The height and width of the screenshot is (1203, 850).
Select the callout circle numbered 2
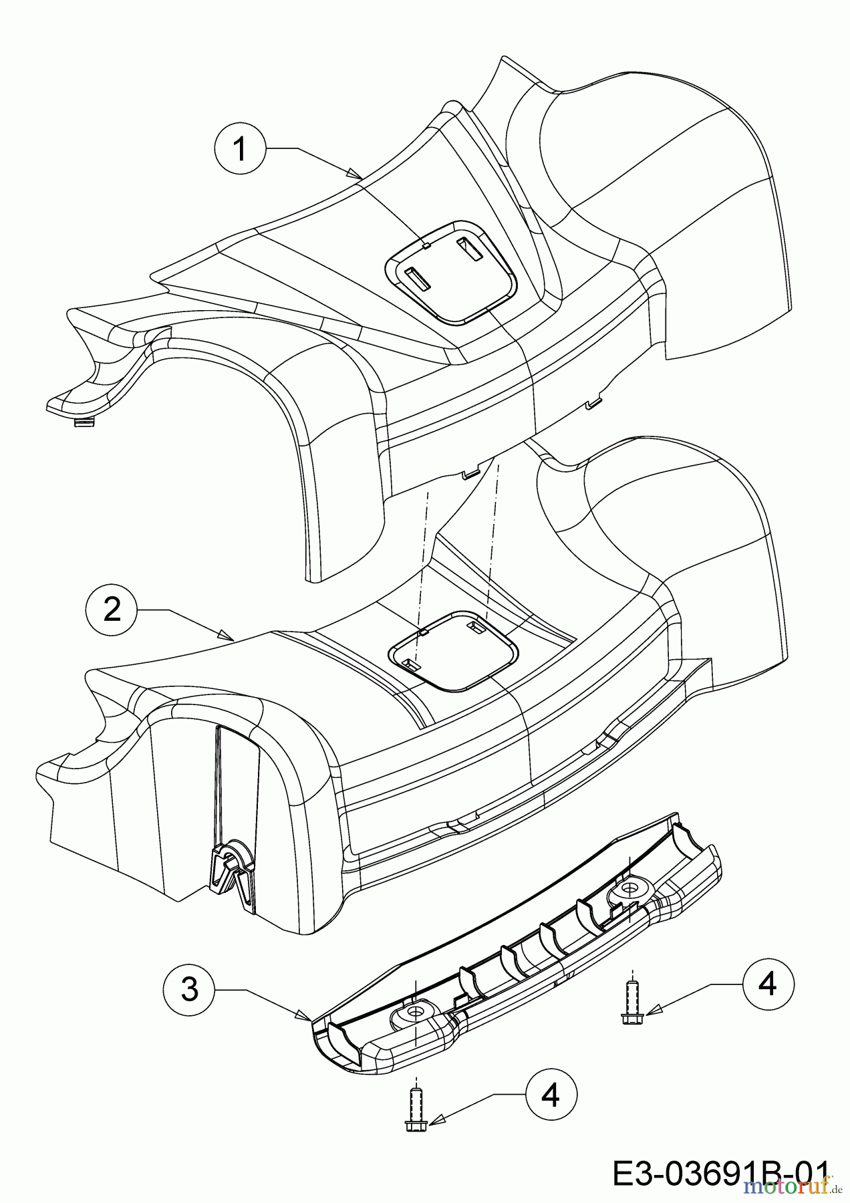112,609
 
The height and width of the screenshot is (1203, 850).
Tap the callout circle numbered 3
190,988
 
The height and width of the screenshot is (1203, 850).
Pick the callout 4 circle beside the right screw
768,984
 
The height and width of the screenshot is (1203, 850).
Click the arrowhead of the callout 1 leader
358,175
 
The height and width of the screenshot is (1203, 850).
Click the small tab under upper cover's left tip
83,422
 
